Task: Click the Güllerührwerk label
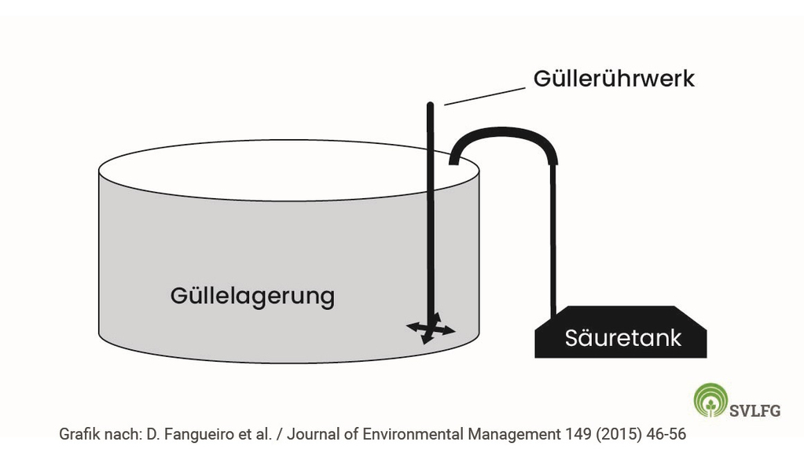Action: click(x=614, y=79)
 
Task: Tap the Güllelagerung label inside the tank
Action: click(x=252, y=296)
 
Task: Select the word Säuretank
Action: click(x=622, y=338)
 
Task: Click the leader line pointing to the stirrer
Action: click(x=483, y=96)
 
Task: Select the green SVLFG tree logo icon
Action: click(x=710, y=400)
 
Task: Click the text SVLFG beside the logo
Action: click(x=754, y=411)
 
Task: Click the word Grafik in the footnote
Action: click(x=79, y=434)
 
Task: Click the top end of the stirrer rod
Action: click(x=431, y=105)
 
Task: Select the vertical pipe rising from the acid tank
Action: click(x=554, y=236)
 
